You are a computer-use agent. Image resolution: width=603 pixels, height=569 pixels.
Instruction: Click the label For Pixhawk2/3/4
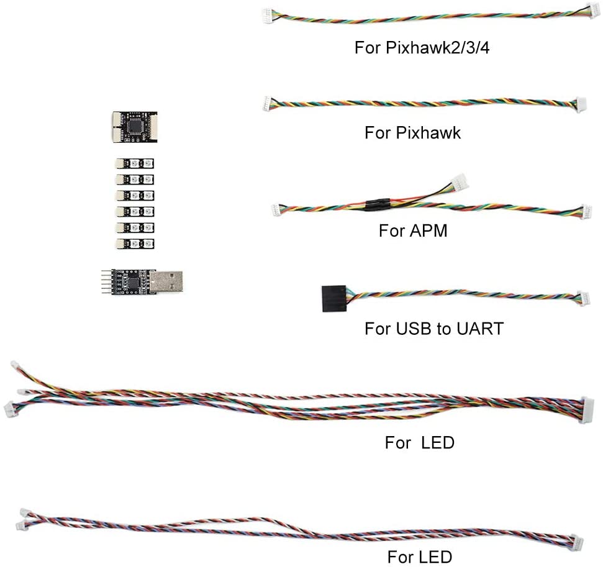(x=422, y=48)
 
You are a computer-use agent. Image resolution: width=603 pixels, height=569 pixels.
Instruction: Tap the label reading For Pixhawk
(x=412, y=132)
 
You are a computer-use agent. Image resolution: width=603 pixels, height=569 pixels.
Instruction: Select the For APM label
(x=413, y=231)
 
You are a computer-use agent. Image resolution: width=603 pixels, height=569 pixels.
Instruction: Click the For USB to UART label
(x=433, y=328)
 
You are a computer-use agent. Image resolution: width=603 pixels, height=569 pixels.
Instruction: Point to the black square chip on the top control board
(x=135, y=127)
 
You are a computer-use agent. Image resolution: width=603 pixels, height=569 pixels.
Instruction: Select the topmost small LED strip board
(x=135, y=164)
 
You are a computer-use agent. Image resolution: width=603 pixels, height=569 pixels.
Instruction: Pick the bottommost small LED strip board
(x=135, y=244)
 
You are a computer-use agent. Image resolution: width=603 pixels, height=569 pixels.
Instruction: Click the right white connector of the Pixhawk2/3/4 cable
(x=594, y=11)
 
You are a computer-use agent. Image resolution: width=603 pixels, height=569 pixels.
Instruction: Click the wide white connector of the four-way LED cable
(x=586, y=411)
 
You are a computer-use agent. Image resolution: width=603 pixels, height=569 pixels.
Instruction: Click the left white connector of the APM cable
(x=276, y=210)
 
